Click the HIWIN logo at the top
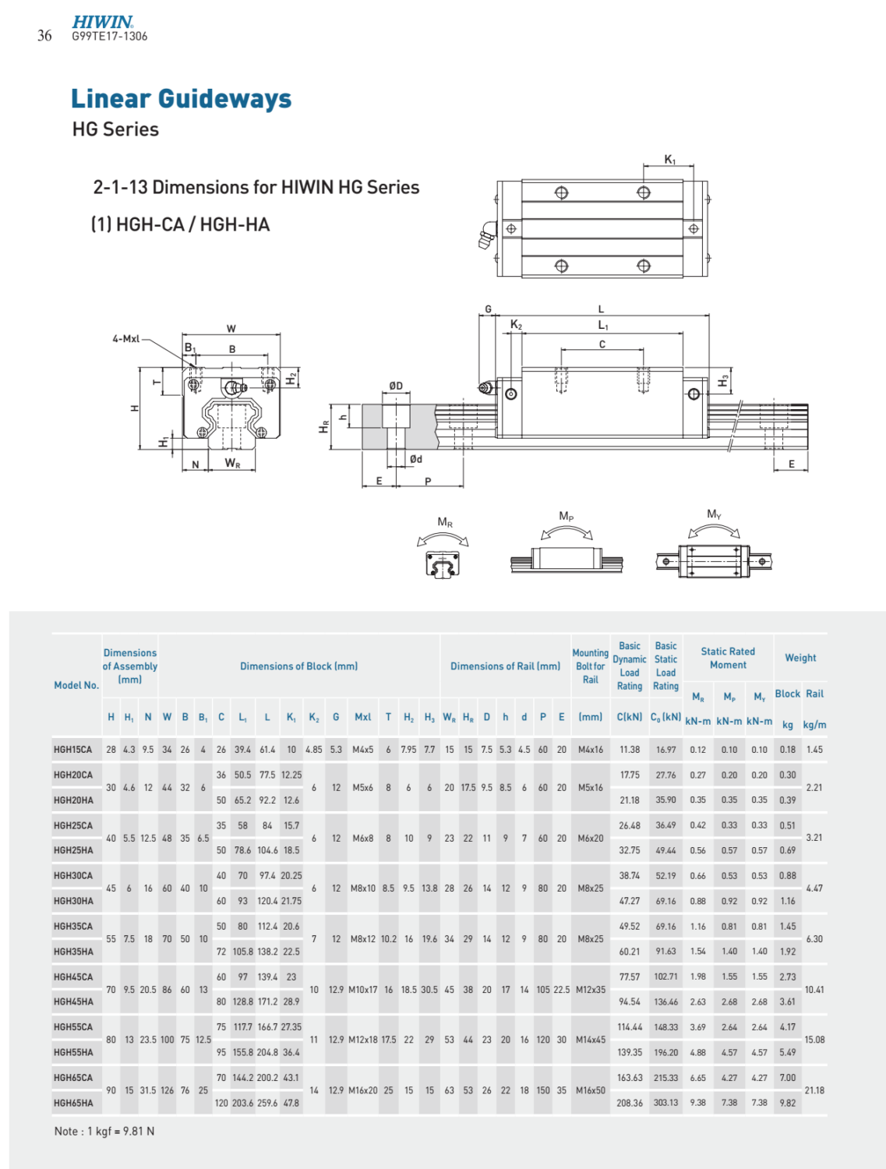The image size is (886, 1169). [102, 22]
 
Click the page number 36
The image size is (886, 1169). [44, 36]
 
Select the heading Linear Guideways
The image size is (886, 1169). [181, 99]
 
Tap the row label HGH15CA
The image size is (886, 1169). [72, 750]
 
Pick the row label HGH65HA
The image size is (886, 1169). [73, 1103]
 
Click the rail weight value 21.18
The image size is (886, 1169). [814, 1090]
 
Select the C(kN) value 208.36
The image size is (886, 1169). [630, 1103]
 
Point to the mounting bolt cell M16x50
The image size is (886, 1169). [590, 1090]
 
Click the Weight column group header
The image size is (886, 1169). [800, 658]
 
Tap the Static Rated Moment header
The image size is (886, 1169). [728, 658]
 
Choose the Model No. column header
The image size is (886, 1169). [76, 685]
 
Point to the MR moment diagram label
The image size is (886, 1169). [445, 523]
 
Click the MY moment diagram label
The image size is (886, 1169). [714, 514]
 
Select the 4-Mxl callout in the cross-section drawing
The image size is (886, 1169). [125, 339]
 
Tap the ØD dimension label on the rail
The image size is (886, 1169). [396, 386]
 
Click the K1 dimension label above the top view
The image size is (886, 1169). [669, 160]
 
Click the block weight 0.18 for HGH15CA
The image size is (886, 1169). [788, 750]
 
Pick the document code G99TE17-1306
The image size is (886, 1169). [109, 36]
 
